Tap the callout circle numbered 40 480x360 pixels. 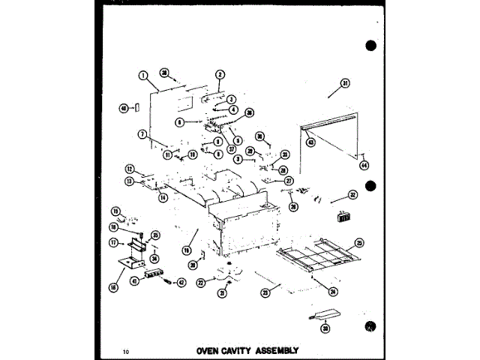pos(124,107)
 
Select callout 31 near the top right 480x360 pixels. pos(345,83)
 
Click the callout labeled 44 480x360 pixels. pos(364,165)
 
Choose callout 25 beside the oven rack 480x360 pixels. pos(358,242)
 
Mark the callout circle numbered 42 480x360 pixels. pos(181,283)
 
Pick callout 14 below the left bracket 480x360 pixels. pos(162,198)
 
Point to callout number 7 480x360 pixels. pos(142,134)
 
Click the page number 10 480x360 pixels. pos(127,350)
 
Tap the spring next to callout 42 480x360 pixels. pos(169,281)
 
